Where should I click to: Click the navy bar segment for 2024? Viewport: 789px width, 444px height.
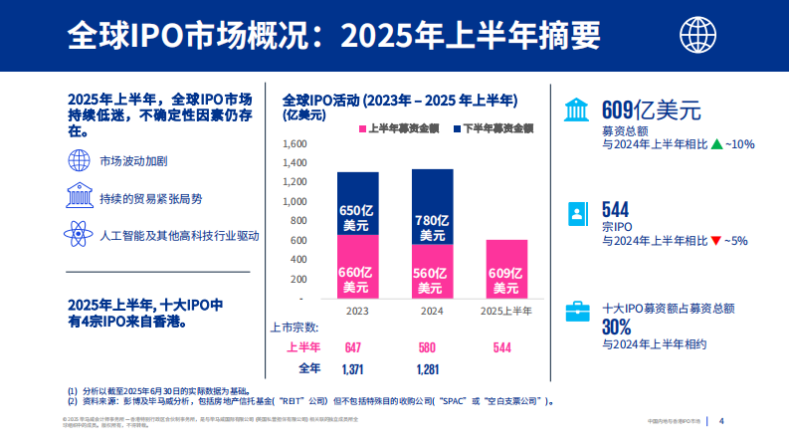pos(432,206)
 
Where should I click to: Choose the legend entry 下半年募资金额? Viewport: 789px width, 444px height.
pos(494,128)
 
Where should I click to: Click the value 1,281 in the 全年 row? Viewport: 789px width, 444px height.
pos(428,368)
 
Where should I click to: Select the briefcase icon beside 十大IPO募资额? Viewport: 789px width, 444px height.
pos(577,311)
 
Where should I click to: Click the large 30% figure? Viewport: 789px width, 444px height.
pos(617,328)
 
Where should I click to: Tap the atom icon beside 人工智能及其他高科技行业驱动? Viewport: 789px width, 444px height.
pos(80,236)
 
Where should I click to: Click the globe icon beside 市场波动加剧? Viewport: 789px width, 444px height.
pos(80,159)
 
